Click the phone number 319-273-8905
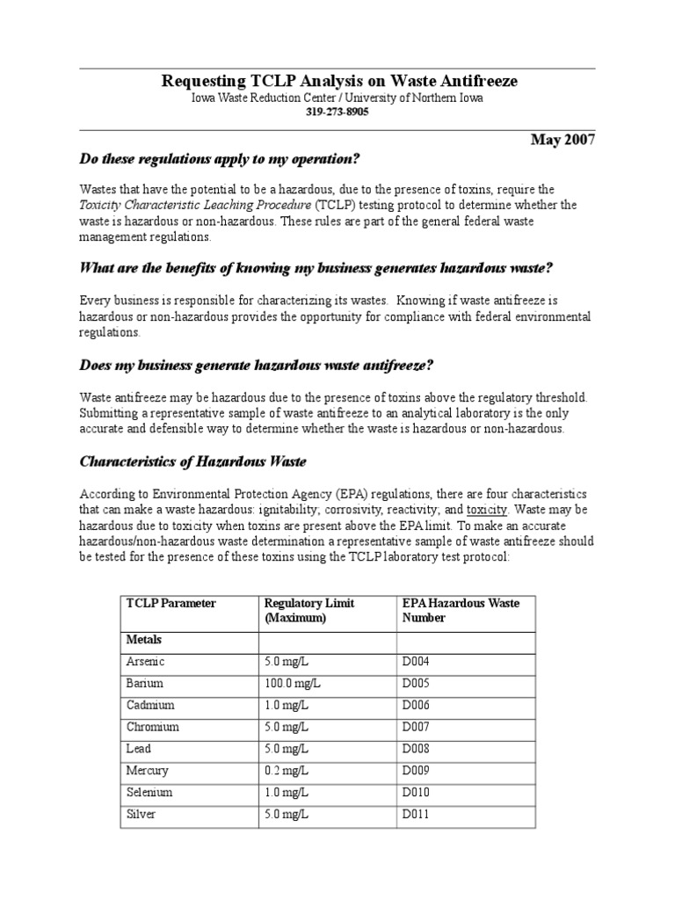coord(337,112)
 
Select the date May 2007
coord(562,140)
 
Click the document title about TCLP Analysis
coord(339,81)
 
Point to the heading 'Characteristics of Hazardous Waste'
coord(192,461)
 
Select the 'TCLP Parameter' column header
coord(171,603)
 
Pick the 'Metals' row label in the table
coord(144,640)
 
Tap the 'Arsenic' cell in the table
coord(146,661)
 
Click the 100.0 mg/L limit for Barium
coord(291,683)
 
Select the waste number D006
coord(417,705)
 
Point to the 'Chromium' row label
coord(153,727)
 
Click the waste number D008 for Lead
coord(417,749)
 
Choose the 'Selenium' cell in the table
coord(149,792)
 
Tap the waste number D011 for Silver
coord(417,814)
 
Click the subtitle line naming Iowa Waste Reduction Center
coord(337,98)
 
